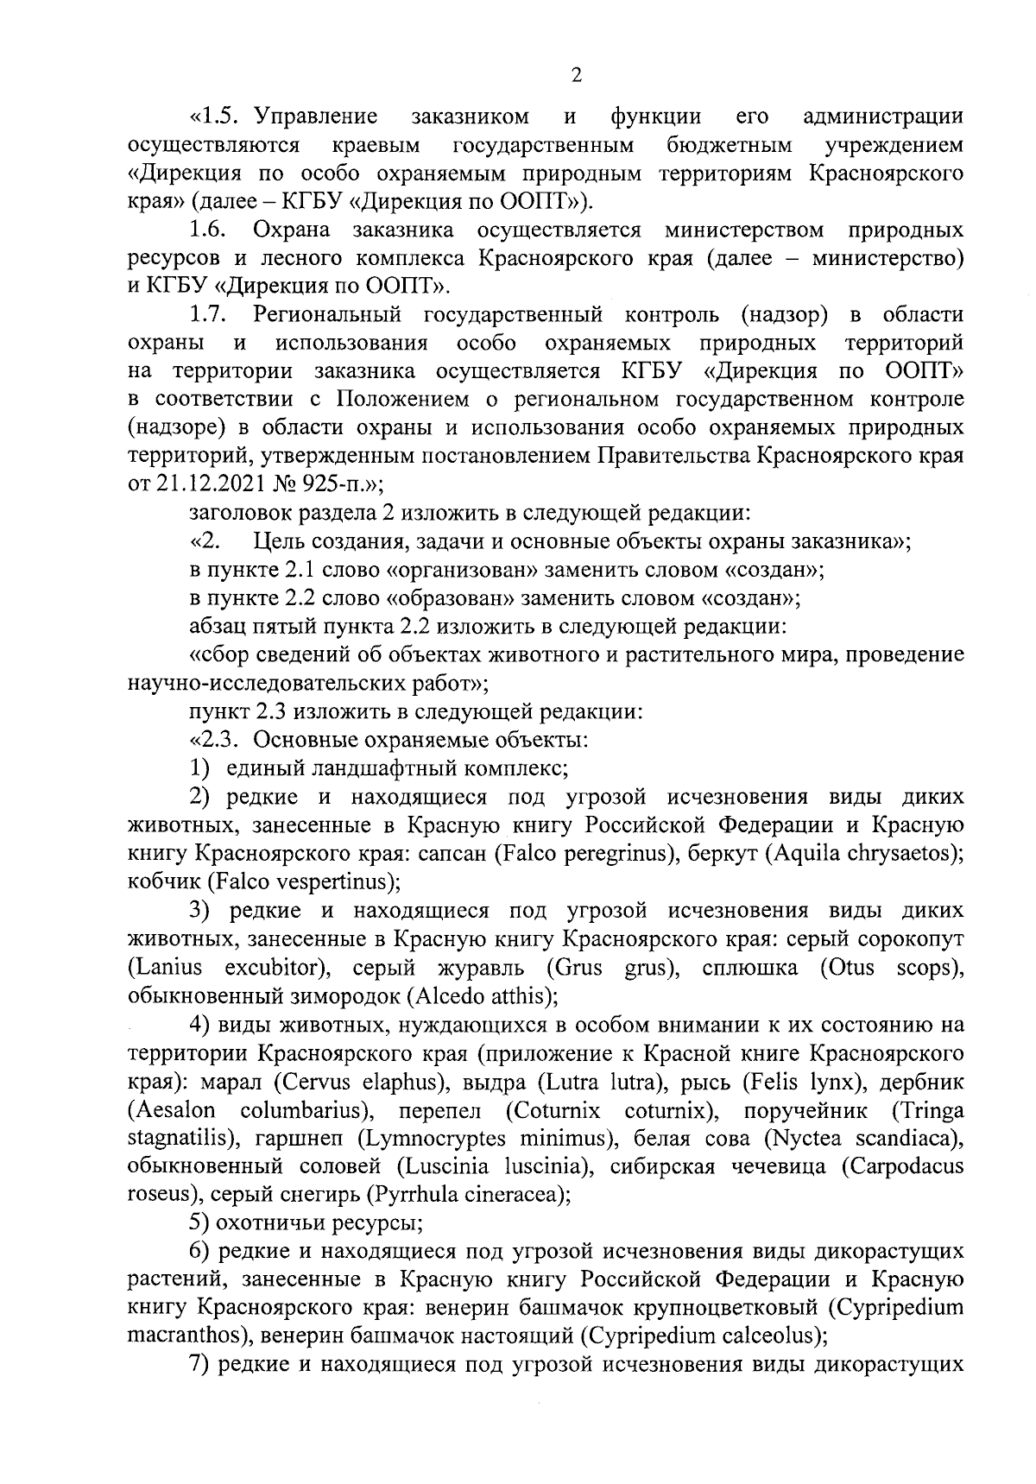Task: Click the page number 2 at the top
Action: tap(577, 75)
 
